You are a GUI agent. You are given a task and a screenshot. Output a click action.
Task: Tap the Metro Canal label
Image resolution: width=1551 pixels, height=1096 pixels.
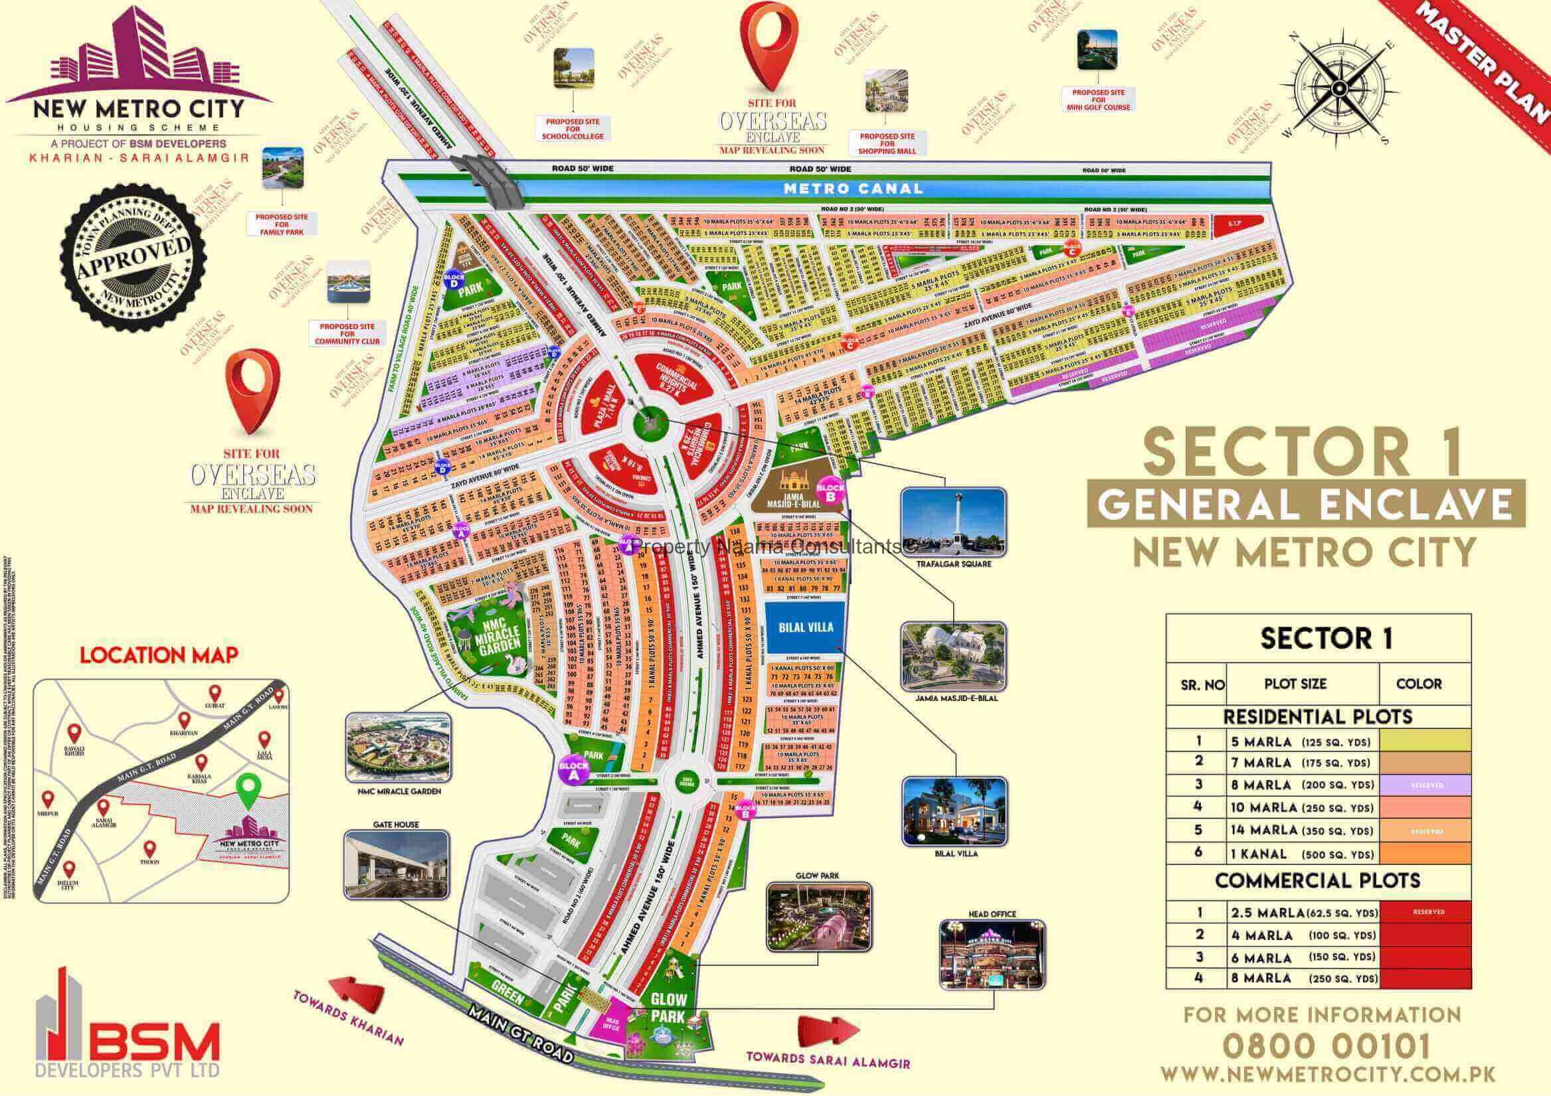click(852, 189)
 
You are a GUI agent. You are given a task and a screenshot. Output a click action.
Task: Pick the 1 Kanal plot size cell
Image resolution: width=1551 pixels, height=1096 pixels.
click(1295, 854)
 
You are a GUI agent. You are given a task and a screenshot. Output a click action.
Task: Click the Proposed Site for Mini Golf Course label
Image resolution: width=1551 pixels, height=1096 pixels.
click(1098, 100)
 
